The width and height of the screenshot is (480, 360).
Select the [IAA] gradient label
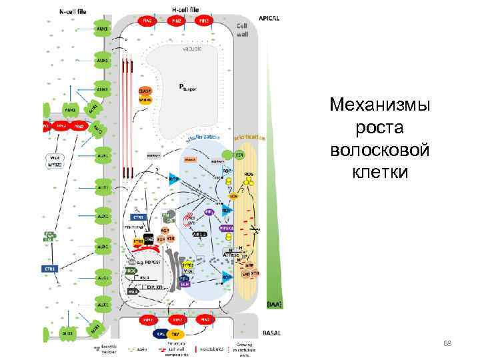point(274,304)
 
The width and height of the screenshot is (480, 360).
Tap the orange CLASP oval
point(145,91)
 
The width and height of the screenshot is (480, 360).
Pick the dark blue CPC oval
point(161,333)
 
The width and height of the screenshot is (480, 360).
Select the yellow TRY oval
point(176,333)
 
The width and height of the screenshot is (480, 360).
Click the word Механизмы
point(380,105)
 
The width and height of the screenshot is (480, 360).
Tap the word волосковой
point(380,150)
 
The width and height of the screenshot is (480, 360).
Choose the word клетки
point(380,172)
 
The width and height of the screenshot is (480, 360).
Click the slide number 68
point(447,343)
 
